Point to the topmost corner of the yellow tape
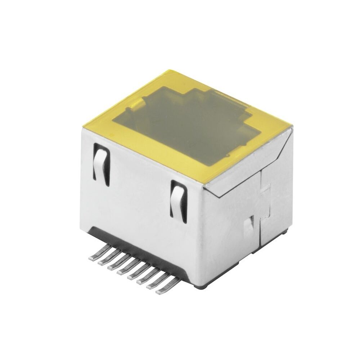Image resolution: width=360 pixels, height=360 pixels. pos(172,68)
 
